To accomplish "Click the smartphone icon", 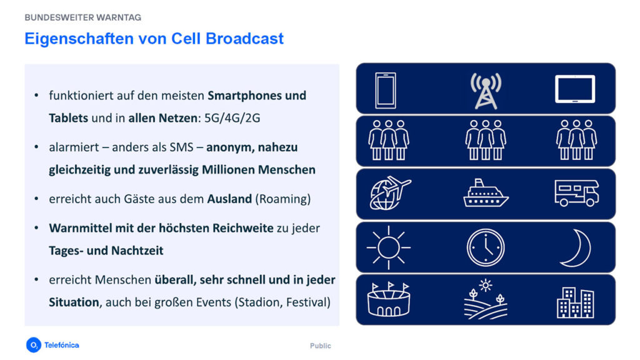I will point(385,89).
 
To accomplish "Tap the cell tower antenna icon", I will point(486,89).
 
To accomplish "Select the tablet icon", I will point(575,89).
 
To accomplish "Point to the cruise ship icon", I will point(486,194).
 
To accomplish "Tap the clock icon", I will point(485,247).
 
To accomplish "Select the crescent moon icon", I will point(574,247).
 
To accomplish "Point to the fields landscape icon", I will point(485,299).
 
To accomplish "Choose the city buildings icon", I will point(575,302).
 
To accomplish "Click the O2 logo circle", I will point(33,345).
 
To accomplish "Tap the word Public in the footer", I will point(321,346).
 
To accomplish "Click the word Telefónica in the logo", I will point(61,345).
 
